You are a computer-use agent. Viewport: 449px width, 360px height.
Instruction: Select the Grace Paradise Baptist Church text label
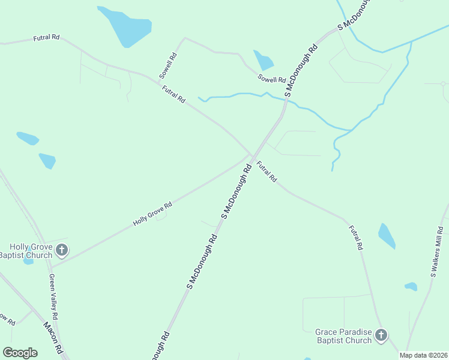click(344, 336)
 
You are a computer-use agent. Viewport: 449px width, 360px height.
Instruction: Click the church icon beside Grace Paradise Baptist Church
click(381, 335)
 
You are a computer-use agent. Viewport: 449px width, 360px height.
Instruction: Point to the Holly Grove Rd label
click(152, 213)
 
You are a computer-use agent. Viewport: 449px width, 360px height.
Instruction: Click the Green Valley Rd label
click(53, 296)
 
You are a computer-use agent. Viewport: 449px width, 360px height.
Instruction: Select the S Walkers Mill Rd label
click(436, 252)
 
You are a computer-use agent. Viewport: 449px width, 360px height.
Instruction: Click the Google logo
click(20, 353)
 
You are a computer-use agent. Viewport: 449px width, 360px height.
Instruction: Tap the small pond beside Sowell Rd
click(264, 60)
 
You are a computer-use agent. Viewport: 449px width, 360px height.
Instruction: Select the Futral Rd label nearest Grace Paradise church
click(356, 237)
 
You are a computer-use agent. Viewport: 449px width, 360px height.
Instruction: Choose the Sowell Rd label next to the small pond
click(272, 79)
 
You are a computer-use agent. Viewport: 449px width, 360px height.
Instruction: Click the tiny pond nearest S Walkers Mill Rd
click(411, 286)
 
